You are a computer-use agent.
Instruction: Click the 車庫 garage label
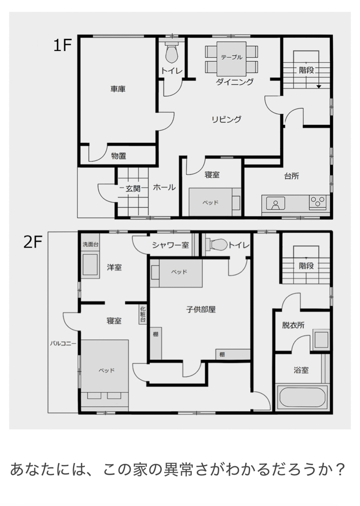118,89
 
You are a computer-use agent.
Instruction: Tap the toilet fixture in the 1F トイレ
172,52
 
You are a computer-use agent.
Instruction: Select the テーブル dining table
231,58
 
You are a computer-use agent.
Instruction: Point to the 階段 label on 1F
306,70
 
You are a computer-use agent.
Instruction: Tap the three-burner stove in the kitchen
318,202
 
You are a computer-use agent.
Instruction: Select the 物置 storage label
118,156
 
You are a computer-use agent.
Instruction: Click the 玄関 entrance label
133,188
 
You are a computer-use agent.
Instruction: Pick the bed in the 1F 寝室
214,202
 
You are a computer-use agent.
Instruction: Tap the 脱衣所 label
293,326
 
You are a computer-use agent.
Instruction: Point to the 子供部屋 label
201,310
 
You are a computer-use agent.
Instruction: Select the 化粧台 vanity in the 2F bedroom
142,315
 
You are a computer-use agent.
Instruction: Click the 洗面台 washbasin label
91,244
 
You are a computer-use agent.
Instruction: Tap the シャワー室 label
170,245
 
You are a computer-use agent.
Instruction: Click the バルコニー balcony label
63,344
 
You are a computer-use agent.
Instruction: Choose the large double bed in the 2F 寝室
104,375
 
